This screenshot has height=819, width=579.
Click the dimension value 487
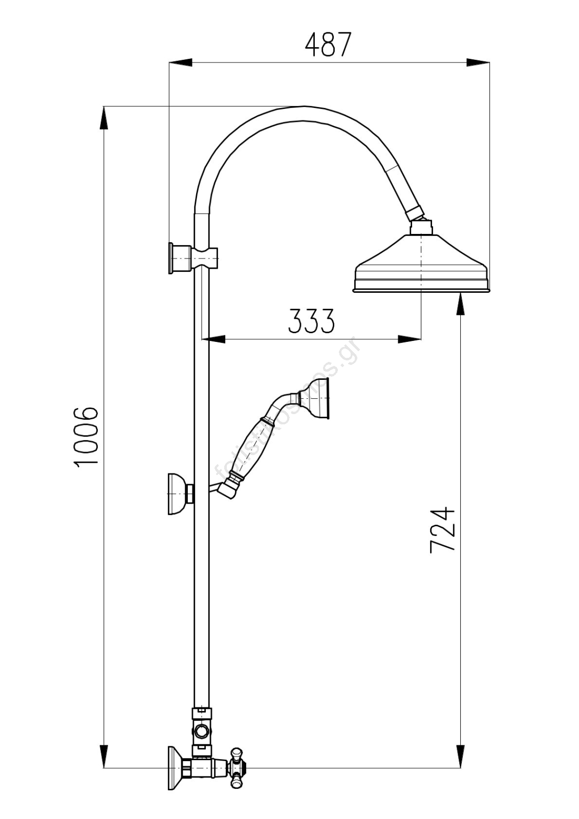tap(328, 45)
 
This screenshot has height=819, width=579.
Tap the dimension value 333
tap(311, 321)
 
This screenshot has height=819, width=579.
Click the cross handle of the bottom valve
tap(237, 767)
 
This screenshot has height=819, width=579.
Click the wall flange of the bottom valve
tap(175, 768)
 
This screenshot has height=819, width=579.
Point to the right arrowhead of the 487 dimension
tap(478, 63)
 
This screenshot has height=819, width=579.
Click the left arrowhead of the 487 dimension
tap(181, 63)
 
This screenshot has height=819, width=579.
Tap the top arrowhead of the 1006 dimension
tap(104, 118)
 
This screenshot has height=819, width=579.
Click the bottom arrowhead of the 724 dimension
tap(461, 756)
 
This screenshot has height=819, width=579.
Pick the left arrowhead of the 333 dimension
tap(215, 339)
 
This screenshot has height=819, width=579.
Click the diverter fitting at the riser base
tap(202, 729)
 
